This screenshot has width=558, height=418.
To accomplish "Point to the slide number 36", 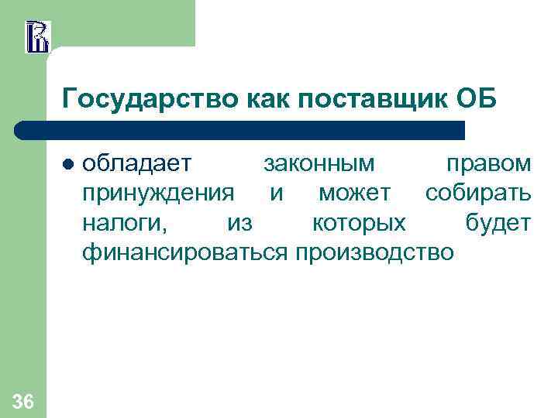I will tap(23, 400).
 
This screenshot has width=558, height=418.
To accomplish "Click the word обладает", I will tap(139, 164).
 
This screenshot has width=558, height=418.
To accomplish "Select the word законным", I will tap(319, 164).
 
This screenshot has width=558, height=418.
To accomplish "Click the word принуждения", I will tap(158, 194).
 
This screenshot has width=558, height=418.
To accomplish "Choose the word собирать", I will tap(477, 194).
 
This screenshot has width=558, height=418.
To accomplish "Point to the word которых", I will tap(357, 223).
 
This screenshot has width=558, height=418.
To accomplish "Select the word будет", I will tap(498, 223).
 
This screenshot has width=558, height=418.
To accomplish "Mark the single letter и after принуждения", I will tap(277, 194).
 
